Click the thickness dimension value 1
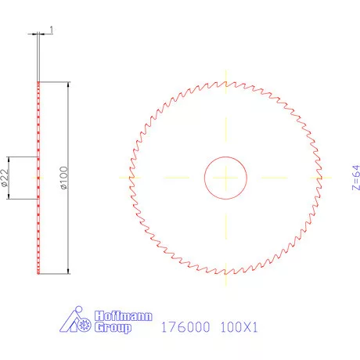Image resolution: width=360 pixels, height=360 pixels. click(x=51, y=30)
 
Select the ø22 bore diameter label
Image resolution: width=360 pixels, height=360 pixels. click(x=5, y=178)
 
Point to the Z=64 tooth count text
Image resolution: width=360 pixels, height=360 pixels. click(x=355, y=178)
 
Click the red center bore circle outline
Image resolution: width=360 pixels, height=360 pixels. click(x=205, y=178)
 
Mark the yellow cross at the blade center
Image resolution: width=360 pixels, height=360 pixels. click(x=226, y=178)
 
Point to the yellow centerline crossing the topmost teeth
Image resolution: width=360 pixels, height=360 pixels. click(x=226, y=79)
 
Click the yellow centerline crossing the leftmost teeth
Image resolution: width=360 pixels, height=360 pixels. click(x=128, y=178)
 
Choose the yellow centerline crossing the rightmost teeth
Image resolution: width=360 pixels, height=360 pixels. click(x=323, y=178)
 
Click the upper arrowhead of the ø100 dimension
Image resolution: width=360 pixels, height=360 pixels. click(x=68, y=85)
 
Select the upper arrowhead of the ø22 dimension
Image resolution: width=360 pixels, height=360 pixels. click(x=9, y=159)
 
